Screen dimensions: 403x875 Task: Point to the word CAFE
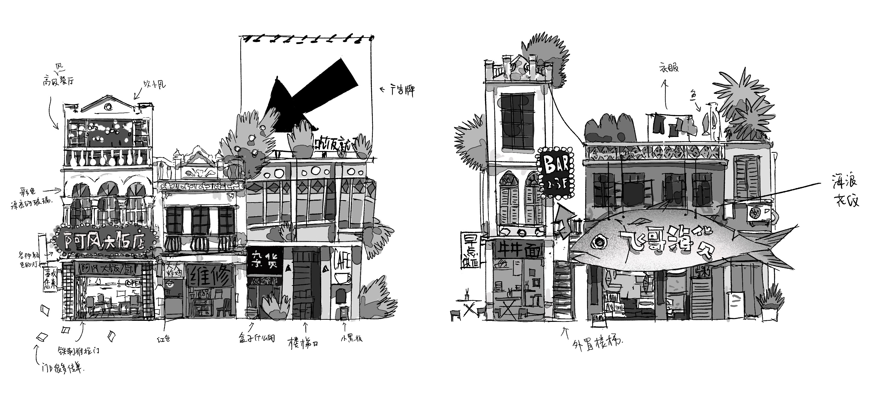pos(342,259)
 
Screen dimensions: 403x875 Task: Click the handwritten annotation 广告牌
pos(402,91)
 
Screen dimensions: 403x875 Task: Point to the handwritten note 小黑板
pos(351,338)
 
